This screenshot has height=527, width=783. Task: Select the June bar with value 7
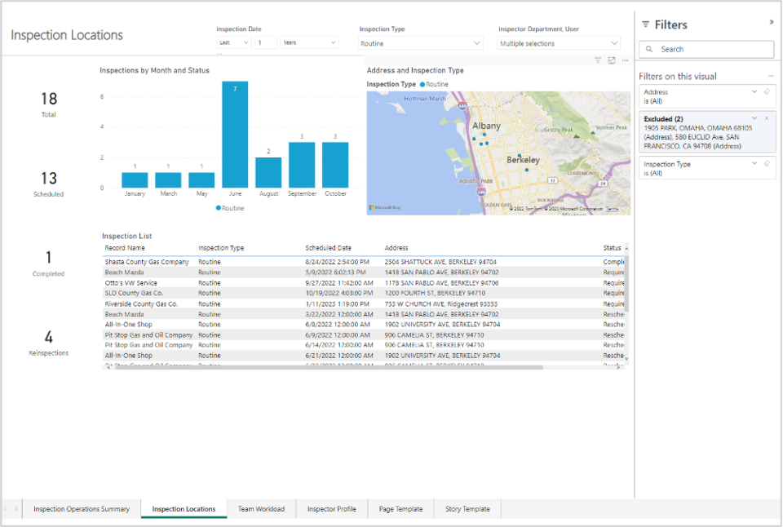(x=235, y=135)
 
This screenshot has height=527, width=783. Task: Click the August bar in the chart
(x=268, y=172)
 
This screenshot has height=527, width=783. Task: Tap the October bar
(x=334, y=165)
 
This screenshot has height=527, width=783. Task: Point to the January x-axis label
(x=135, y=194)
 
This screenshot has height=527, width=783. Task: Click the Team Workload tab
(x=261, y=509)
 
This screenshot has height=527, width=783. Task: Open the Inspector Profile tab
(x=331, y=509)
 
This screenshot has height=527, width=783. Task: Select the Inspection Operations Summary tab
(x=82, y=509)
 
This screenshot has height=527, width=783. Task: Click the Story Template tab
(x=467, y=509)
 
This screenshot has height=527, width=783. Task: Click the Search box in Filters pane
(x=706, y=50)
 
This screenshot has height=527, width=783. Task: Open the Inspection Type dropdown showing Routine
(x=421, y=44)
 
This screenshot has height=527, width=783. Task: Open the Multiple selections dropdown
(x=559, y=44)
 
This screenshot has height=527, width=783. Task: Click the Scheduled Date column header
(x=328, y=248)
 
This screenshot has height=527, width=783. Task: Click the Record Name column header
(x=125, y=248)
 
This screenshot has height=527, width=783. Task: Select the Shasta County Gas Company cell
(x=147, y=262)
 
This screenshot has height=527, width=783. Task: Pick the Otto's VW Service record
(x=131, y=283)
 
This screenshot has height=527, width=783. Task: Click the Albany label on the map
(x=486, y=126)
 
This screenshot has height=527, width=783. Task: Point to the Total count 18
(x=48, y=99)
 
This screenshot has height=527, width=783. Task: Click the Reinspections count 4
(x=48, y=338)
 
